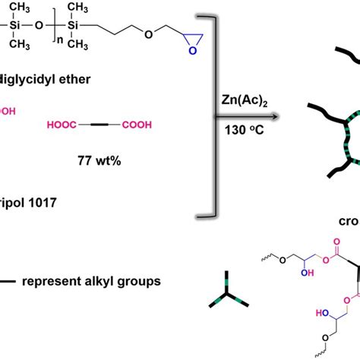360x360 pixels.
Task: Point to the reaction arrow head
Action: [x=271, y=115]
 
